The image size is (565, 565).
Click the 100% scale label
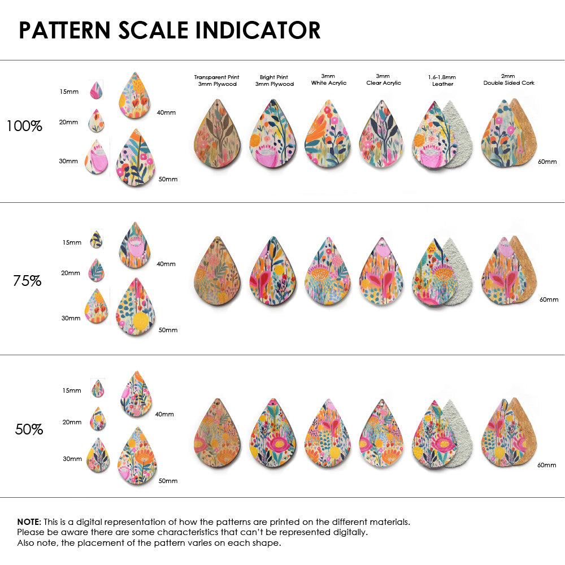(x=24, y=126)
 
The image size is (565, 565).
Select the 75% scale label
(x=27, y=280)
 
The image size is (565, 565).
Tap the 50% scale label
(x=29, y=429)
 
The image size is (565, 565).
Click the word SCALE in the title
(x=154, y=30)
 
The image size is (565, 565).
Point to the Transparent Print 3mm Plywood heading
(x=216, y=80)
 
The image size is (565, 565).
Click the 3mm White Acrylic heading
(x=329, y=79)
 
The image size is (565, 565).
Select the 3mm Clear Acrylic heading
(x=383, y=79)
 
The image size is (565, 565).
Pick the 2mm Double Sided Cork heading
(x=508, y=79)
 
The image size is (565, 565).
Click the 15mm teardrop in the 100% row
(x=96, y=90)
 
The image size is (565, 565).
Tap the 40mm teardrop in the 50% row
(x=136, y=393)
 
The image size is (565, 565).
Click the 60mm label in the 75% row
(x=549, y=299)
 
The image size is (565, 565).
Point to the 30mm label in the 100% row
(x=68, y=161)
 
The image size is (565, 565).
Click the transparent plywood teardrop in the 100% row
(x=217, y=136)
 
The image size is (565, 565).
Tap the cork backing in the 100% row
(x=527, y=133)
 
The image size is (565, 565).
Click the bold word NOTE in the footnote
(x=28, y=522)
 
